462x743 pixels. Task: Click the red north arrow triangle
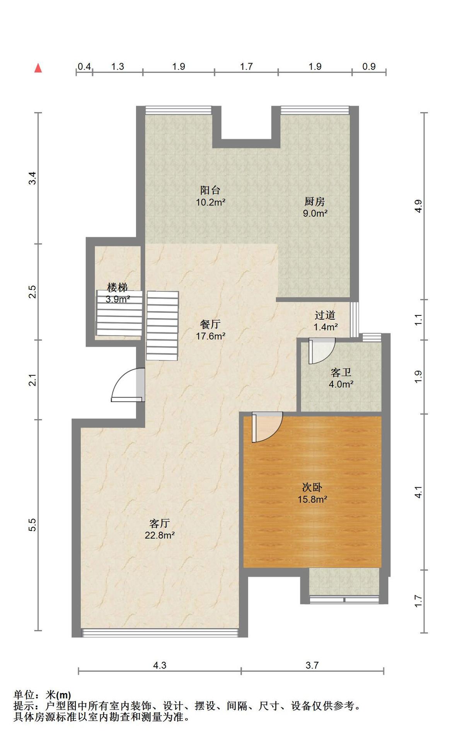(38, 68)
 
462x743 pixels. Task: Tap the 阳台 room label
(210, 190)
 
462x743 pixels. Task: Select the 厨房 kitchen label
(315, 201)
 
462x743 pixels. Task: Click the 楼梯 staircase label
(118, 288)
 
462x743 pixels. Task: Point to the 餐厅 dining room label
(210, 324)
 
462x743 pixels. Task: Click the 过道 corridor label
(325, 315)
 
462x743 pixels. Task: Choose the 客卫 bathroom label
(341, 372)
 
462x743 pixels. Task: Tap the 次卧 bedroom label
(312, 487)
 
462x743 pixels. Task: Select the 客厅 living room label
(160, 523)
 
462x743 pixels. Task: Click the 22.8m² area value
(160, 535)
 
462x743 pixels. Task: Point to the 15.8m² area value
(312, 499)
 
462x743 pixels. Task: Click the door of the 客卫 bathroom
(321, 350)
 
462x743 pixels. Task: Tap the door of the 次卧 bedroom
(266, 427)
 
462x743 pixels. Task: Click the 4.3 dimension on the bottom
(160, 665)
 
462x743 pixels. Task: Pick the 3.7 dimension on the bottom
(312, 665)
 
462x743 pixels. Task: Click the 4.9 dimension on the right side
(418, 206)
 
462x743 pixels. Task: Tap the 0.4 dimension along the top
(84, 67)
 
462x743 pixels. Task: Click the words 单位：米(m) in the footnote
(43, 695)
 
